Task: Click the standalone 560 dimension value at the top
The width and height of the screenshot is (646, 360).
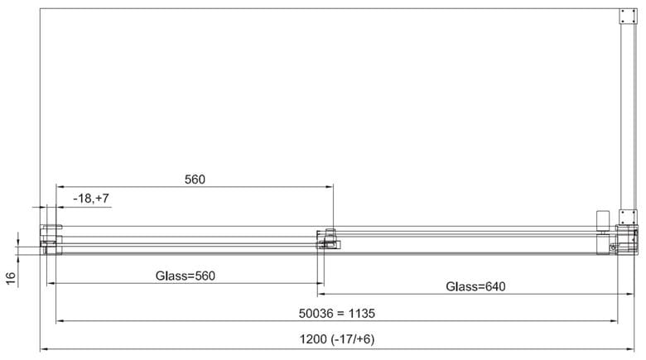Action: point(195,180)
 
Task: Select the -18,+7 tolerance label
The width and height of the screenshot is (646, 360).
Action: point(91,199)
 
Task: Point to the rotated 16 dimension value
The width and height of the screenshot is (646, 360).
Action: point(11,277)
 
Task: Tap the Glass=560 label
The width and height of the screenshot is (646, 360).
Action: point(186,276)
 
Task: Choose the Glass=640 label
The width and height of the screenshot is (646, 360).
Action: point(475,286)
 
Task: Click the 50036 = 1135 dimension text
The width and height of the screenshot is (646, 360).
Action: point(337,314)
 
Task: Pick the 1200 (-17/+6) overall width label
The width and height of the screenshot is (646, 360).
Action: point(337,339)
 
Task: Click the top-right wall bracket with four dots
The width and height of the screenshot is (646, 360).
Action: point(628,17)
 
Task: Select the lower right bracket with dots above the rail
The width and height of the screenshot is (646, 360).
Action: point(628,217)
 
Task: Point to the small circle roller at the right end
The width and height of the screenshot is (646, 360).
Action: point(613,247)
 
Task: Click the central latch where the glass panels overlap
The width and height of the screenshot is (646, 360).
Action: point(328,239)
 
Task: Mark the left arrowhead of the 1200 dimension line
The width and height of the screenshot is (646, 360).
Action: point(44,349)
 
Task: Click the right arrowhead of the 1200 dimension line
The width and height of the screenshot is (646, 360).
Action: point(630,349)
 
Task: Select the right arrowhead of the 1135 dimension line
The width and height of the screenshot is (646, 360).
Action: point(614,321)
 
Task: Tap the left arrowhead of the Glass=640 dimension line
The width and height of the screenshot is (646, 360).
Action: point(321,294)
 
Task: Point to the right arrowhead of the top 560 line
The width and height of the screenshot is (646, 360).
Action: point(329,187)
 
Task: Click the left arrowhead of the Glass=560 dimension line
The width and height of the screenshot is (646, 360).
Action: point(51,283)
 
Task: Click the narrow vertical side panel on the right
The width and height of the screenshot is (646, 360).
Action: point(628,117)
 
